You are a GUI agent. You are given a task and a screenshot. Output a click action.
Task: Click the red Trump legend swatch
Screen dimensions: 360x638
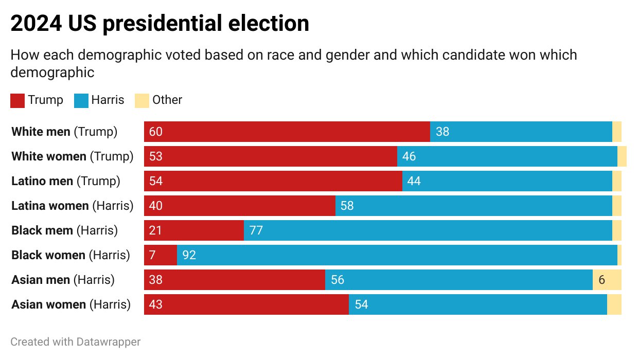pyautogui.click(x=17, y=100)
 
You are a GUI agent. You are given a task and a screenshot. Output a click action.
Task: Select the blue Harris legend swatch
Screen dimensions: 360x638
pyautogui.click(x=82, y=100)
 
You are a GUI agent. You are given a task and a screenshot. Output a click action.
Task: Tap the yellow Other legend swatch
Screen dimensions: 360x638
pyautogui.click(x=141, y=100)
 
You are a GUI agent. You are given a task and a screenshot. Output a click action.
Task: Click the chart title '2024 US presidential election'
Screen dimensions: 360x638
pyautogui.click(x=159, y=24)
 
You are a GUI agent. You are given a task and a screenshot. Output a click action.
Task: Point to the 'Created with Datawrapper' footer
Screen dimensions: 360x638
pyautogui.click(x=76, y=341)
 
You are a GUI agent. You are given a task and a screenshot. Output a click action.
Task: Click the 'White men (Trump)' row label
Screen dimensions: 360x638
pyautogui.click(x=64, y=132)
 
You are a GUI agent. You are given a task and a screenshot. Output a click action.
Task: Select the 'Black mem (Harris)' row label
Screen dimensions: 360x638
pyautogui.click(x=64, y=230)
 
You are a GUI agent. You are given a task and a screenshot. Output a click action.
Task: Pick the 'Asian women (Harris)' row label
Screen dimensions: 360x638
pyautogui.click(x=71, y=304)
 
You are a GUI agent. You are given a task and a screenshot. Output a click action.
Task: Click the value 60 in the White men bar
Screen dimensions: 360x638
pyautogui.click(x=155, y=132)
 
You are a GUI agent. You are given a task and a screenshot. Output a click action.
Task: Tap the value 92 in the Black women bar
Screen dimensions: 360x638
pyautogui.click(x=189, y=255)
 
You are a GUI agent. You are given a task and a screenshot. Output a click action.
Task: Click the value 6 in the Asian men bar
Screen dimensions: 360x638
pyautogui.click(x=601, y=280)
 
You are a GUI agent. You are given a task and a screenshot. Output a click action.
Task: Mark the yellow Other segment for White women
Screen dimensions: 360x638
pyautogui.click(x=622, y=156)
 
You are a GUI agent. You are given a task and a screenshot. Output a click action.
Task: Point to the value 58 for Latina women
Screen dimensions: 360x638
pyautogui.click(x=347, y=206)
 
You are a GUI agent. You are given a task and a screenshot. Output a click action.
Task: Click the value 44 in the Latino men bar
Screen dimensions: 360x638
pyautogui.click(x=414, y=181)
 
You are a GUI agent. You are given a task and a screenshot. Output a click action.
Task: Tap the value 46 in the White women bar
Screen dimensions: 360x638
pyautogui.click(x=409, y=156)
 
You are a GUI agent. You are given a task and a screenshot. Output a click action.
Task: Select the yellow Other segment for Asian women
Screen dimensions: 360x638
pyautogui.click(x=614, y=304)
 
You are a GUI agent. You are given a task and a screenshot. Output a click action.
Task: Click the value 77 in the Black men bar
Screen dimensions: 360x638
pyautogui.click(x=256, y=230)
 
